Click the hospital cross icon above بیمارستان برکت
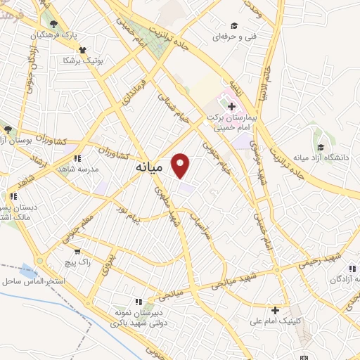point(231,105)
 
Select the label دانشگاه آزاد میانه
point(326,157)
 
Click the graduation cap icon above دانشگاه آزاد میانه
point(321,147)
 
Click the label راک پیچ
point(76,261)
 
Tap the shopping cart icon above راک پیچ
point(77,250)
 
